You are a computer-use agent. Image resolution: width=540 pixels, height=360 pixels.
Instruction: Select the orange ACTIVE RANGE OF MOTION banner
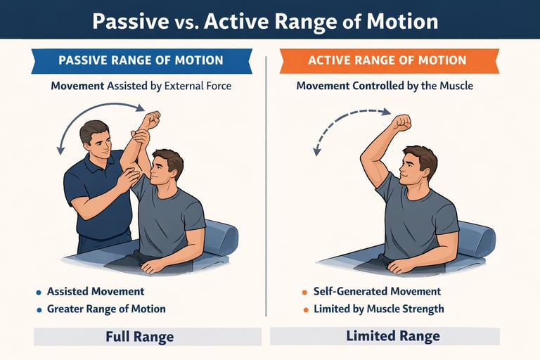pyautogui.click(x=389, y=60)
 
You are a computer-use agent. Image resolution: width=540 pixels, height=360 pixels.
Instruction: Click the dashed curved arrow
pyautogui.click(x=345, y=123)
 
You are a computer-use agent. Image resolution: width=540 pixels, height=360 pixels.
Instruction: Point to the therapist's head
pyautogui.click(x=94, y=138)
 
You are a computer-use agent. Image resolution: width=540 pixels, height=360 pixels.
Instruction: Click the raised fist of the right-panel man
pyautogui.click(x=401, y=123)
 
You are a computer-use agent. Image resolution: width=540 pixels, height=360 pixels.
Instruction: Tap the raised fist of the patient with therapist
pyautogui.click(x=150, y=120)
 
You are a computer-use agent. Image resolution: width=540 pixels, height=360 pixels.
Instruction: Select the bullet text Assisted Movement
pyautogui.click(x=95, y=291)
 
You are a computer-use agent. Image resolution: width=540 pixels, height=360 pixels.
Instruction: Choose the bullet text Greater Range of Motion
pyautogui.click(x=106, y=309)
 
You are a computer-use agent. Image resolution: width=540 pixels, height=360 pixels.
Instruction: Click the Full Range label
pyautogui.click(x=139, y=336)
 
